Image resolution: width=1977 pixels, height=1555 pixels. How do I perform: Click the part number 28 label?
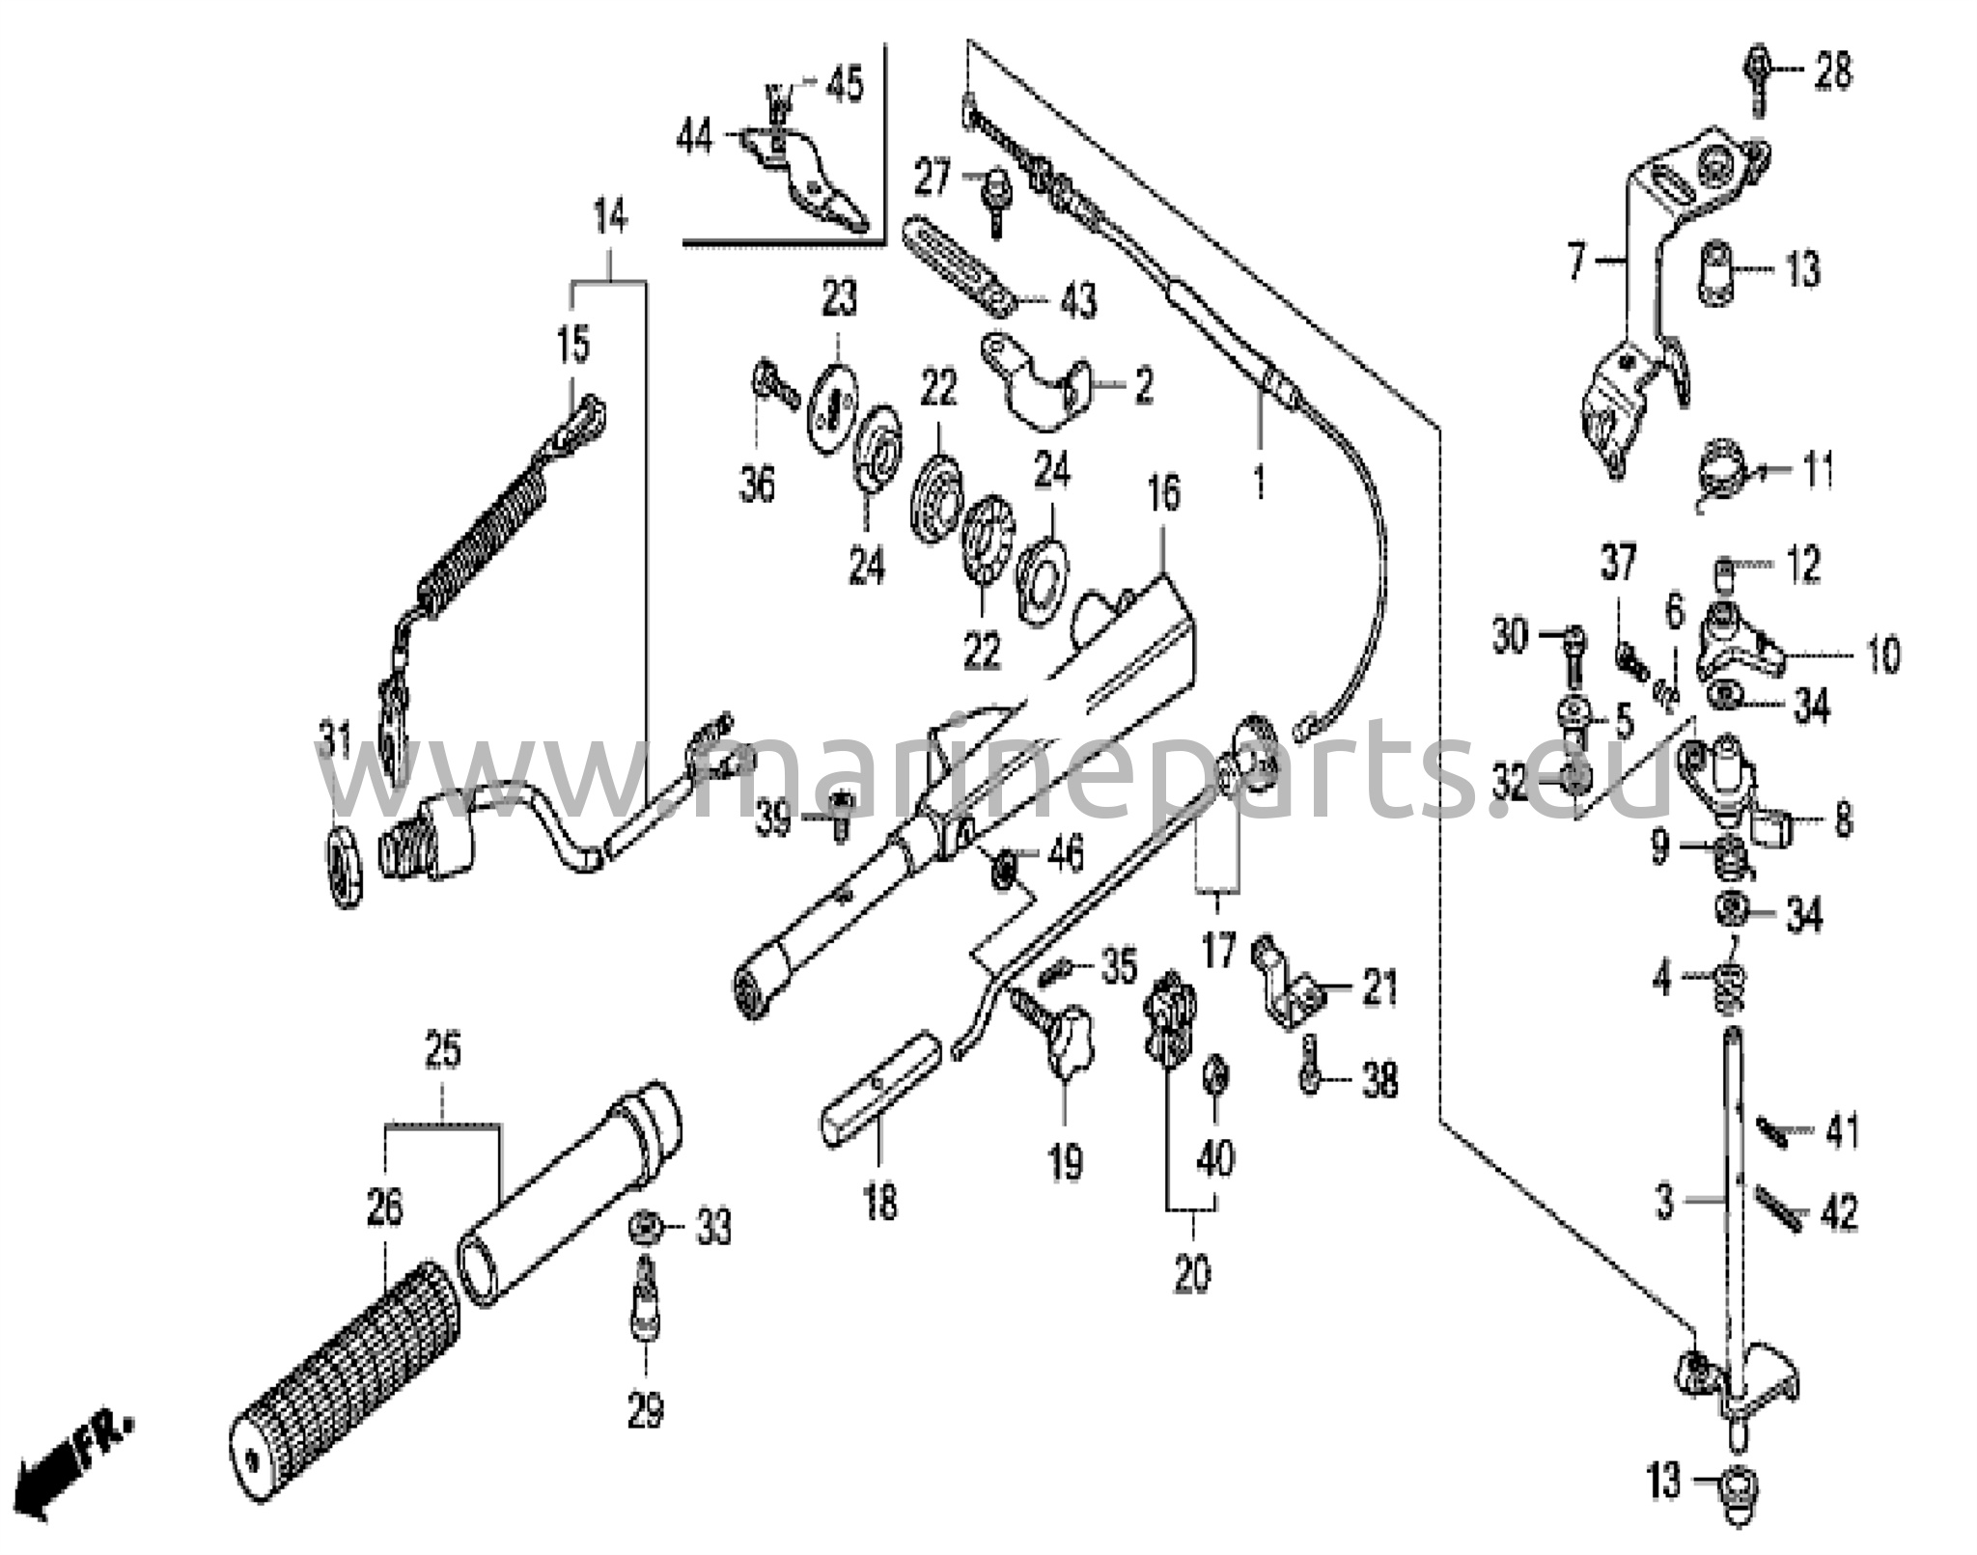1832,71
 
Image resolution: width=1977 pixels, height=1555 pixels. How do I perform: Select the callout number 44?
695,138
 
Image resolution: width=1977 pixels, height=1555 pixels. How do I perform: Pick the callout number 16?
1164,492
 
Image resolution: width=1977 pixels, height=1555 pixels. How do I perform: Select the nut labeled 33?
644,1228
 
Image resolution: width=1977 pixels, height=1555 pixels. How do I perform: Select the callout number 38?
1378,1080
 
